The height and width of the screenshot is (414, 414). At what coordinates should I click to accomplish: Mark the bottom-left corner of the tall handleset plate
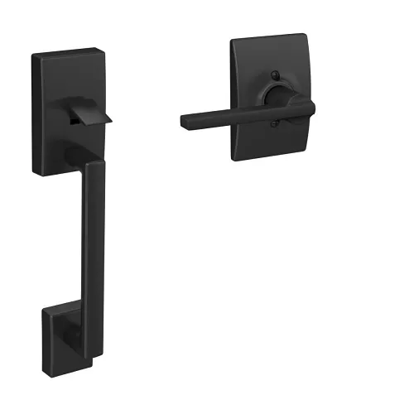[36, 173]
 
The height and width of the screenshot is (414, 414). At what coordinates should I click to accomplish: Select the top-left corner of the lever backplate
[233, 39]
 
